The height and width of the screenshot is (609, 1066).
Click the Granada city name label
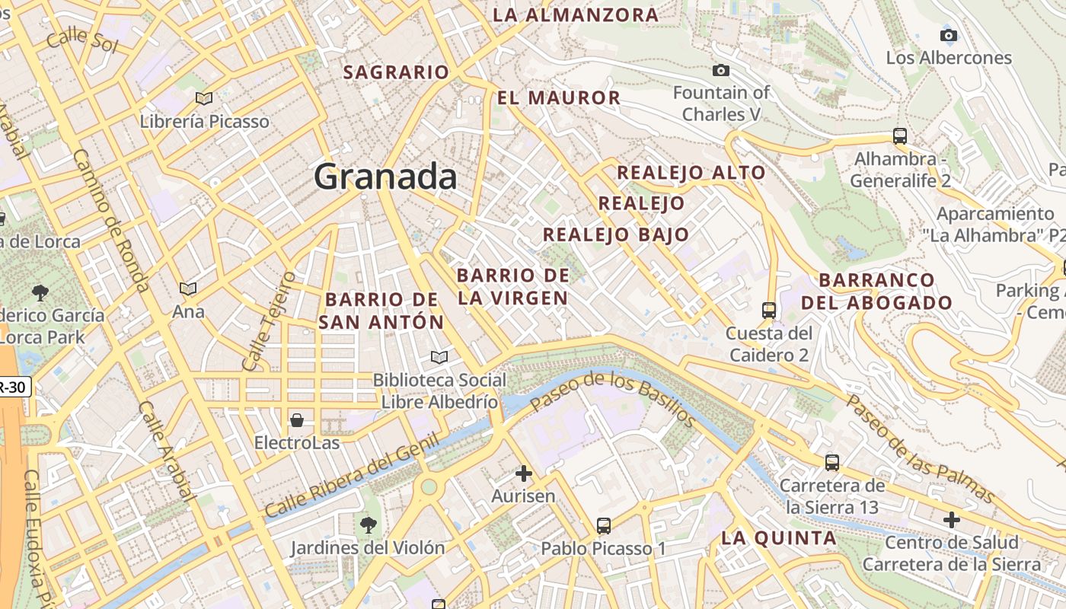pyautogui.click(x=385, y=177)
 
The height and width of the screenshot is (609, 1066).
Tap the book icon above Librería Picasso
pyautogui.click(x=203, y=98)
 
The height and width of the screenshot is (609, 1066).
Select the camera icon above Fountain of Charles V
pyautogui.click(x=720, y=71)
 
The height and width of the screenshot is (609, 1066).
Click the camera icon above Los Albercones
pyautogui.click(x=948, y=35)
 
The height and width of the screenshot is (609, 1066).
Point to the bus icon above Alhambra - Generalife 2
pyautogui.click(x=900, y=137)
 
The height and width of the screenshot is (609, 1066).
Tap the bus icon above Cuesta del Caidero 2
pyautogui.click(x=769, y=311)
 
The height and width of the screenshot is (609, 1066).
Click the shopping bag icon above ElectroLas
pyautogui.click(x=297, y=420)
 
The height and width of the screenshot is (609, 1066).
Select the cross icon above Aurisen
pyautogui.click(x=523, y=473)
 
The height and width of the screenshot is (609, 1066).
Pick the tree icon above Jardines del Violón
pyautogui.click(x=368, y=525)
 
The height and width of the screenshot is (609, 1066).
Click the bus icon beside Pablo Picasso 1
pyautogui.click(x=604, y=526)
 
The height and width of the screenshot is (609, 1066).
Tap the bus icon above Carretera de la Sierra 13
pyautogui.click(x=832, y=462)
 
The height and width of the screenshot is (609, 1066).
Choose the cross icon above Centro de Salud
pyautogui.click(x=951, y=520)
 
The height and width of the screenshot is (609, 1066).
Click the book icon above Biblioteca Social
pyautogui.click(x=439, y=357)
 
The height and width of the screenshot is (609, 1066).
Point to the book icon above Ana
pyautogui.click(x=187, y=289)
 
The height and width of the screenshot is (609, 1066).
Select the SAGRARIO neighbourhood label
pyautogui.click(x=396, y=72)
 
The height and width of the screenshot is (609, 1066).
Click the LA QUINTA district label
pyautogui.click(x=778, y=538)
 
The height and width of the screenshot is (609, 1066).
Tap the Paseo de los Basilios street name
pyautogui.click(x=613, y=399)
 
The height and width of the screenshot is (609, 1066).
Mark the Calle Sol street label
pyautogui.click(x=82, y=40)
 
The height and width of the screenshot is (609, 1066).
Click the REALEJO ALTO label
pyautogui.click(x=691, y=172)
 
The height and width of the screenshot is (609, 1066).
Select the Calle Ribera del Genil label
pyautogui.click(x=353, y=476)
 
